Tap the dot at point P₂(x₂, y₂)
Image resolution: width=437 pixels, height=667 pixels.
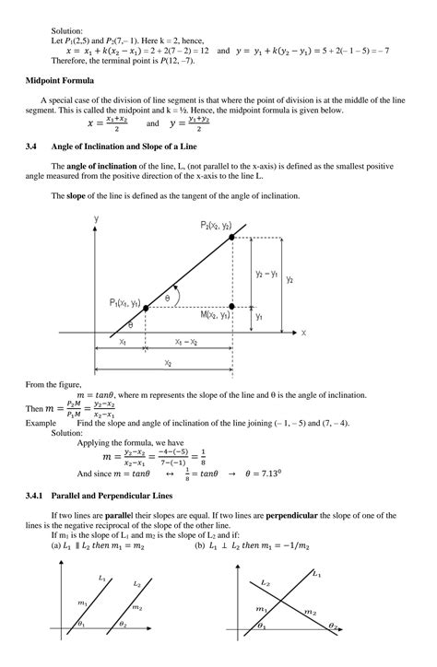coord(230,237)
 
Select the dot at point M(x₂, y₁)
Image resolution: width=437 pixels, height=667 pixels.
coord(230,307)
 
